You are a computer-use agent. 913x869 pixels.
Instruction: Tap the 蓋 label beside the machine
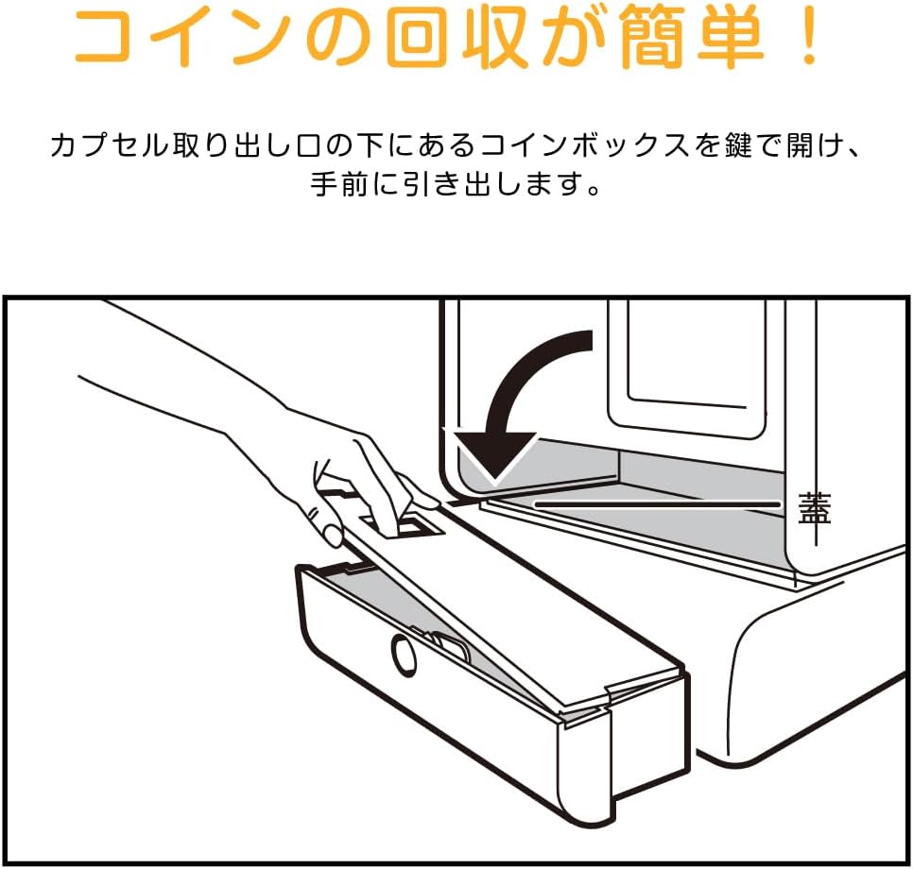[x=814, y=508]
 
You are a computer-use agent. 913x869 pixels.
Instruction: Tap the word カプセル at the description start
[x=108, y=145]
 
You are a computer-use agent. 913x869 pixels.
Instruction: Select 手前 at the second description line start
[x=339, y=184]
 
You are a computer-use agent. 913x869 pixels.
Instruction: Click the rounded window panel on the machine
[x=687, y=369]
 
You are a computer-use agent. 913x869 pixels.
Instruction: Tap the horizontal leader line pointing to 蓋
[x=658, y=503]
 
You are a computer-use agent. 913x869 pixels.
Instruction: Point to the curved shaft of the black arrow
[x=518, y=372]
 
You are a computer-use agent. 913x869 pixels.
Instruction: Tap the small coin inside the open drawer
[x=450, y=647]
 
